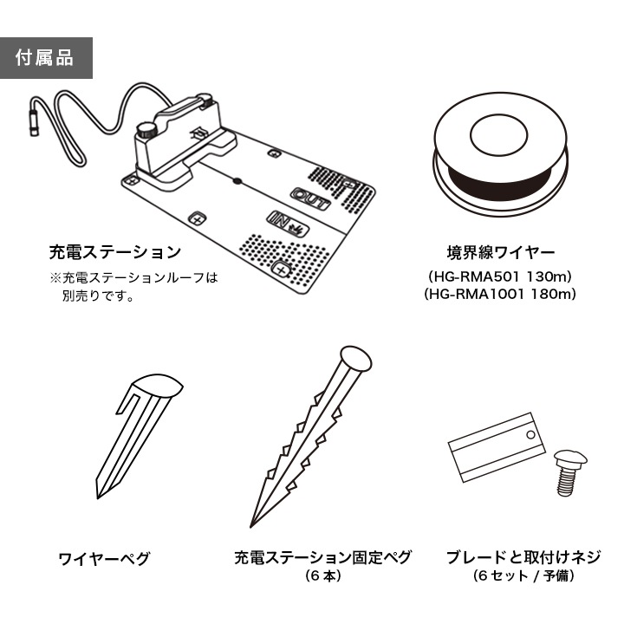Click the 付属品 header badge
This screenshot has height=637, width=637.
click(x=46, y=58)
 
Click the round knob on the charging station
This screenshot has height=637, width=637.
click(x=146, y=131)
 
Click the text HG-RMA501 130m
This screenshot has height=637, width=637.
click(x=500, y=276)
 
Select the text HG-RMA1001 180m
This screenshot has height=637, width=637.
click(x=500, y=295)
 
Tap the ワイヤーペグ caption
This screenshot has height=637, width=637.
click(x=103, y=558)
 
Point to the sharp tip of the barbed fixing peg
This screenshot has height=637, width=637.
click(x=253, y=525)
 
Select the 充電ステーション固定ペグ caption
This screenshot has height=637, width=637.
click(x=322, y=557)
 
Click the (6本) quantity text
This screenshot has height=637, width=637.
click(x=322, y=576)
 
